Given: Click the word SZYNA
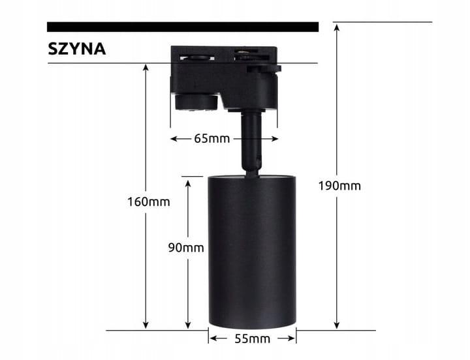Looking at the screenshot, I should point(77,49).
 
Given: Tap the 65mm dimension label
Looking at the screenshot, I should point(212,139).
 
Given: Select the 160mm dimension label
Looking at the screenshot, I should point(148,202).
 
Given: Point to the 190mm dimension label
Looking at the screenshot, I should point(339,185).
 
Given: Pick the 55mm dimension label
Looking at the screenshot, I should point(253,338).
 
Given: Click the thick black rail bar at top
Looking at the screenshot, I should point(183,27).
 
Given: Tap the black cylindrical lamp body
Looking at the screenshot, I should point(252,251).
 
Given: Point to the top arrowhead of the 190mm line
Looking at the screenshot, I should point(337,27).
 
